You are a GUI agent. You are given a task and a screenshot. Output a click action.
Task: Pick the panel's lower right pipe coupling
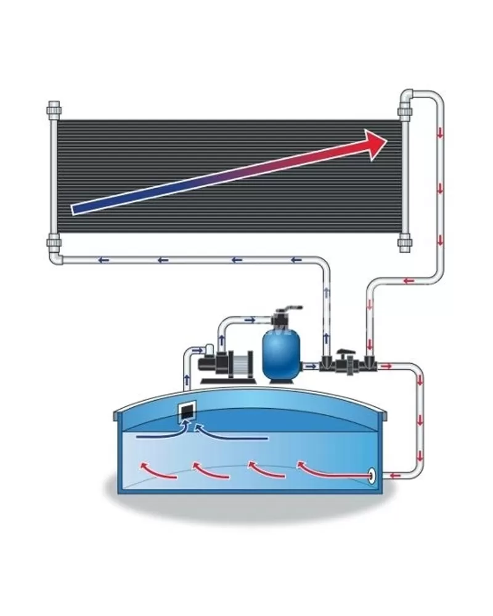(405, 241)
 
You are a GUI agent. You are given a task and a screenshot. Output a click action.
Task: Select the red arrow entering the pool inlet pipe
(394, 475)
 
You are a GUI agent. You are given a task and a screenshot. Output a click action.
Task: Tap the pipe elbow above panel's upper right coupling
(408, 96)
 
